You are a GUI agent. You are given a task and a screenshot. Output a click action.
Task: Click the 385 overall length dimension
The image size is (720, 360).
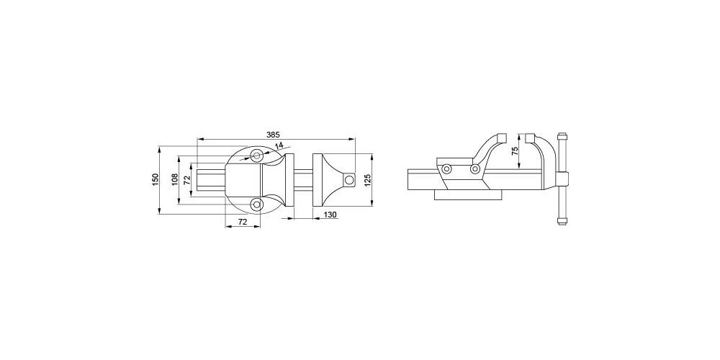[x=273, y=135]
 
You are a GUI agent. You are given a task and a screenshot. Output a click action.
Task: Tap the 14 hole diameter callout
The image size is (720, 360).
[x=279, y=145]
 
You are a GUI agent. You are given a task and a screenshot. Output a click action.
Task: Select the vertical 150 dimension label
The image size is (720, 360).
[x=156, y=179]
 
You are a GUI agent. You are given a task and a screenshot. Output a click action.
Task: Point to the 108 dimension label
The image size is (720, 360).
[x=174, y=179]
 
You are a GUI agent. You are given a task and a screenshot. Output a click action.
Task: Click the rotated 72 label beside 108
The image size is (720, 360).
[x=187, y=179]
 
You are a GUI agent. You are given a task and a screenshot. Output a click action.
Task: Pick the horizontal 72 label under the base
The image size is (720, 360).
[x=243, y=222]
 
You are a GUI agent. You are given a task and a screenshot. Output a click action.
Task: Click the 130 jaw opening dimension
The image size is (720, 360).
[x=330, y=215]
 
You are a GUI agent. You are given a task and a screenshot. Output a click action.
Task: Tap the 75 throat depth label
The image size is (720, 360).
[x=515, y=151]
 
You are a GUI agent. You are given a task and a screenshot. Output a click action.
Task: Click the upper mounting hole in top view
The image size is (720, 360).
[x=257, y=156]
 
